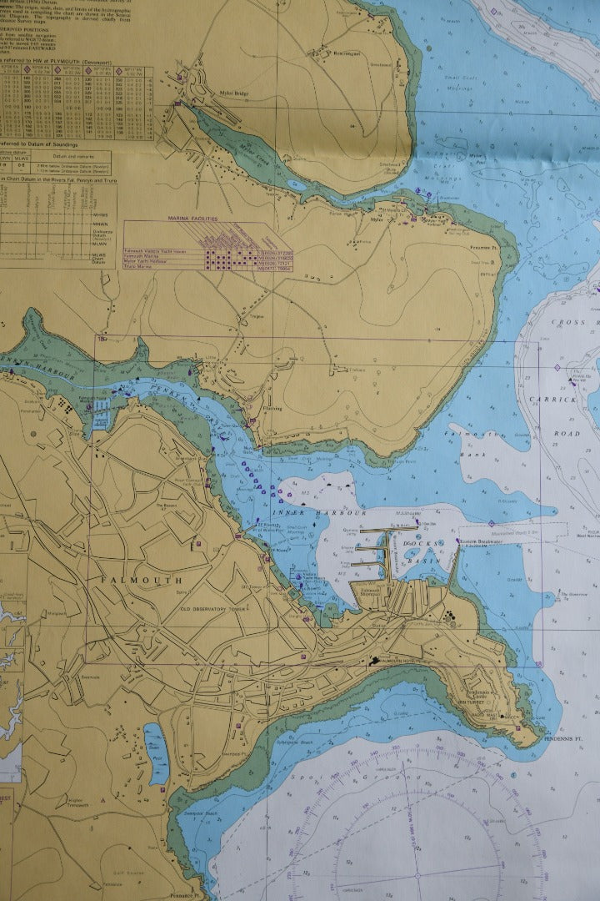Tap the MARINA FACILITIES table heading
point(192,218)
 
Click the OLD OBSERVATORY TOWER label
point(216,607)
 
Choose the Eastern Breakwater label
point(477,541)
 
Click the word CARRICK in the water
point(552,400)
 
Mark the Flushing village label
point(272,408)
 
